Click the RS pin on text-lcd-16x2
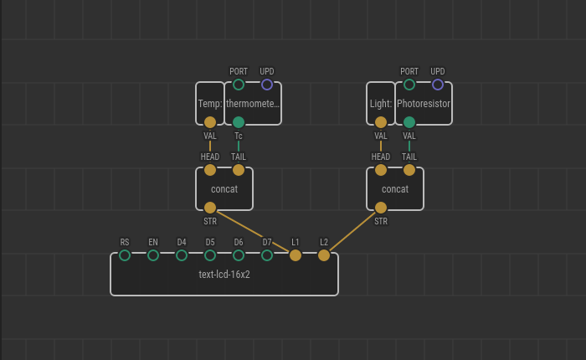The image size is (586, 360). click(x=125, y=255)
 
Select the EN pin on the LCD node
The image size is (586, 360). click(x=153, y=255)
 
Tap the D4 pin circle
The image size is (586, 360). click(x=182, y=255)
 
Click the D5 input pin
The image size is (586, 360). click(x=210, y=255)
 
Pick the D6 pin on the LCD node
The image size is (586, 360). click(x=239, y=255)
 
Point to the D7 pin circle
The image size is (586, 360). click(x=267, y=255)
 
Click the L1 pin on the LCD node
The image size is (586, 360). click(x=296, y=255)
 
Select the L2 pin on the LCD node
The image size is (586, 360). click(x=324, y=255)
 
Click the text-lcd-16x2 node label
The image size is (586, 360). click(x=224, y=274)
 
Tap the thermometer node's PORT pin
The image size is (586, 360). click(x=239, y=85)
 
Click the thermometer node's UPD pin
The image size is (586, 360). click(x=267, y=85)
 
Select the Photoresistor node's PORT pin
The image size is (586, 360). click(x=409, y=85)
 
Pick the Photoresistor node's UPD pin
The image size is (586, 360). click(x=438, y=85)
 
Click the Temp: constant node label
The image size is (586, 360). click(x=210, y=104)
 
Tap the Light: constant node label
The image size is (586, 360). click(x=381, y=104)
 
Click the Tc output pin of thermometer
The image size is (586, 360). click(x=239, y=122)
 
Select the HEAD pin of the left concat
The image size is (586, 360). click(x=210, y=170)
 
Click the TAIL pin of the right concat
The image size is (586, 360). click(x=409, y=170)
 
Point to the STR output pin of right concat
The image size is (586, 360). click(x=381, y=208)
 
